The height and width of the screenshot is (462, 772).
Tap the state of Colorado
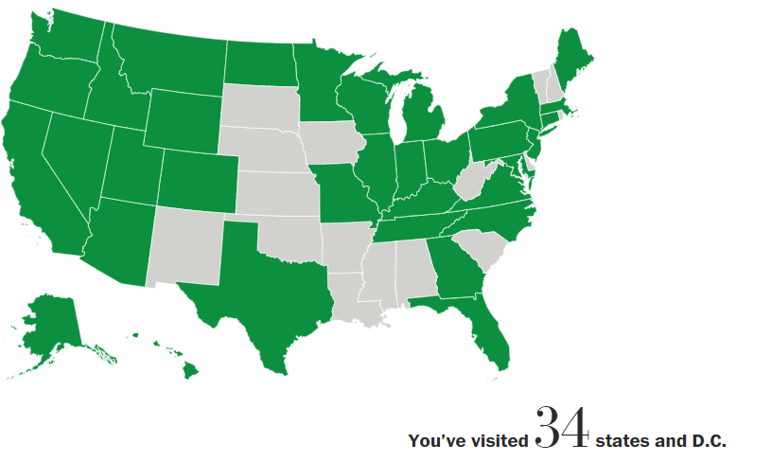coord(197,180)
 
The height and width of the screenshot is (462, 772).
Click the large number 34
coord(563,429)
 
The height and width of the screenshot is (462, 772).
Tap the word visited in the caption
coord(497,441)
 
